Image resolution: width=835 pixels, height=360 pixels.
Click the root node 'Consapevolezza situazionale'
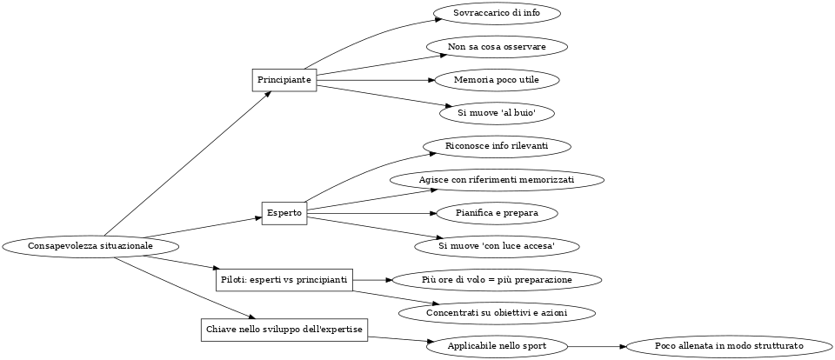tap(90, 246)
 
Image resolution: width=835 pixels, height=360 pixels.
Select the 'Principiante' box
tap(284, 80)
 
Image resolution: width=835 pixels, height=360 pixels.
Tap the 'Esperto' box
tap(284, 213)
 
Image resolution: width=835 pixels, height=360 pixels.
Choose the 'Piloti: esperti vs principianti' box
tap(284, 280)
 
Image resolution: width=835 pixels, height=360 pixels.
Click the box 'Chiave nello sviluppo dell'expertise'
tap(284, 330)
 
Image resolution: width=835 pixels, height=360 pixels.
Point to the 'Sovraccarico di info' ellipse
tap(496, 14)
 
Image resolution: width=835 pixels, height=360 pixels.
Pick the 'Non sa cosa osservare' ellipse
tap(497, 46)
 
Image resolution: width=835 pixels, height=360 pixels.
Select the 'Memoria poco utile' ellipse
tap(496, 80)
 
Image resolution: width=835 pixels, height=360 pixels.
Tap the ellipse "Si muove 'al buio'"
tap(496, 113)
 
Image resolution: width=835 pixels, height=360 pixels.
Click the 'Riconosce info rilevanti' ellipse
tap(497, 146)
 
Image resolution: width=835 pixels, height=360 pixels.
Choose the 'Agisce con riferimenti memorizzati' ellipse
tap(497, 180)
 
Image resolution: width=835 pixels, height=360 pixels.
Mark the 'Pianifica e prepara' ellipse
tap(496, 213)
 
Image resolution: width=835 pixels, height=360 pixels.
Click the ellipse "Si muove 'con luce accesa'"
tap(497, 247)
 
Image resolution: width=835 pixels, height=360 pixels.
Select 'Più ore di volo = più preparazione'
tap(497, 280)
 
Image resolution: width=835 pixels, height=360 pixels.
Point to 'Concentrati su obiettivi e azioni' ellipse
tap(497, 313)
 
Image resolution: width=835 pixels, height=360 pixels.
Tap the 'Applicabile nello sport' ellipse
tap(497, 346)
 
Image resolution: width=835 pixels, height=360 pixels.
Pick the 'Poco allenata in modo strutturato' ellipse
tap(729, 346)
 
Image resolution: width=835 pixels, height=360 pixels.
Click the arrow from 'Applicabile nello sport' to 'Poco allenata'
tap(597, 346)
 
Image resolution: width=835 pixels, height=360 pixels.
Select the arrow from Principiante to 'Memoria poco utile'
tap(374, 80)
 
